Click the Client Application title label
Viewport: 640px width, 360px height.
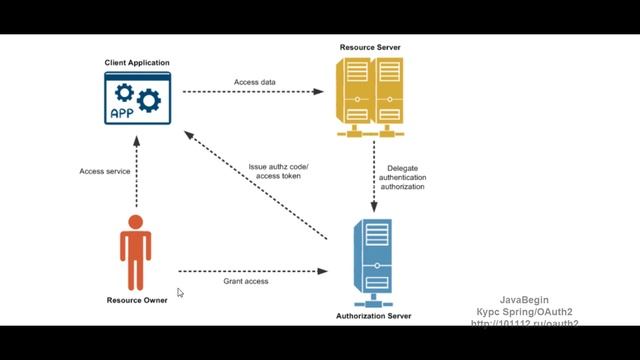click(137, 63)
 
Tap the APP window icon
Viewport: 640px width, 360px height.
click(137, 99)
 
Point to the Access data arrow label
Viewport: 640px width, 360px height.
click(255, 82)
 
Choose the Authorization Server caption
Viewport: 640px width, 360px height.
click(374, 317)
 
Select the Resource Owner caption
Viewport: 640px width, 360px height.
click(137, 299)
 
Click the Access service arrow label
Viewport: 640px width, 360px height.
click(105, 171)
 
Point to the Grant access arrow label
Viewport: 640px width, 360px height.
click(246, 281)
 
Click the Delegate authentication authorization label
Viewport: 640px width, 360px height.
click(402, 178)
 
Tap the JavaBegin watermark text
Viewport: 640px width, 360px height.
click(524, 300)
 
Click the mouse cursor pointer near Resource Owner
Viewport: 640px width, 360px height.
click(180, 292)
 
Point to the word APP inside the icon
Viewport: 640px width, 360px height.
click(122, 113)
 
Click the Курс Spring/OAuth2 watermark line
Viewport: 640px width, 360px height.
click(523, 312)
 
